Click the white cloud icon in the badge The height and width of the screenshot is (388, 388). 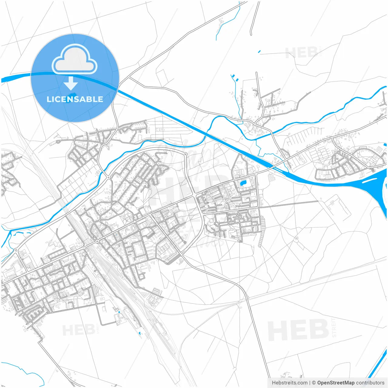point(75,59)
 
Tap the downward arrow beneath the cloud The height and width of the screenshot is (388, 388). point(71,84)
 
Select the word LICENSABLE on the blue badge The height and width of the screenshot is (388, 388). point(75,99)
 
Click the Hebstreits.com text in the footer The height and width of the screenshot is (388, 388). point(289,383)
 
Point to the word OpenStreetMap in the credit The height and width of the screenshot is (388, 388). point(336,383)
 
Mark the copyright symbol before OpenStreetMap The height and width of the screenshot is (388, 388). point(314,383)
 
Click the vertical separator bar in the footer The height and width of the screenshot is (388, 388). point(310,383)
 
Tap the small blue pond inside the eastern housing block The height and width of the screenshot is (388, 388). point(243,183)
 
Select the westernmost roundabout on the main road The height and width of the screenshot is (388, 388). point(16,250)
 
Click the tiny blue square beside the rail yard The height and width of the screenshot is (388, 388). point(119,312)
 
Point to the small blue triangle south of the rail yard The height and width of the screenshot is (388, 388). point(139,333)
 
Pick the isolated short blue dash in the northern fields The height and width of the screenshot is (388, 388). point(259,52)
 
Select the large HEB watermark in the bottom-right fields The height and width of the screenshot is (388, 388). point(299,330)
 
